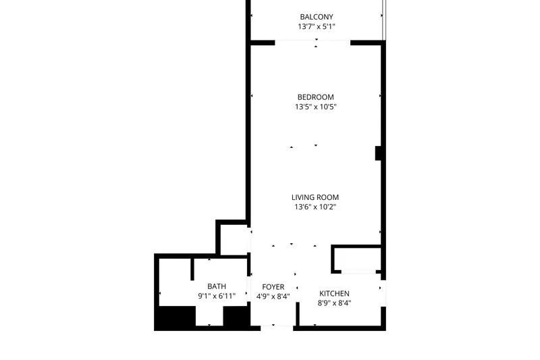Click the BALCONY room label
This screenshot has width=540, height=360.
317,17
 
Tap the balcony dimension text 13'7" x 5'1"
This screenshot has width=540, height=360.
317,26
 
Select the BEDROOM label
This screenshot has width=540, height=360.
315,97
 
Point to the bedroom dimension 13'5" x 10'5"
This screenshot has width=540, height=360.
315,107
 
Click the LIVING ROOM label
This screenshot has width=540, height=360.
315,197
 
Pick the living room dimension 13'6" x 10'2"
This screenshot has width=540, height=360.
315,207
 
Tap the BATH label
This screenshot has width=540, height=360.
217,286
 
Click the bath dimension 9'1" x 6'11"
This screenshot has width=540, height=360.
217,296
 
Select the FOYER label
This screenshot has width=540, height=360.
273,287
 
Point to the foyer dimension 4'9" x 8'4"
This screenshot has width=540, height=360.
273,297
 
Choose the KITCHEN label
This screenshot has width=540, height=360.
334,294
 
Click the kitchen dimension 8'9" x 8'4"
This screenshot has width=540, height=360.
334,303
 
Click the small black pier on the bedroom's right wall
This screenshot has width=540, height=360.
378,153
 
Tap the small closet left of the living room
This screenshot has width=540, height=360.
234,240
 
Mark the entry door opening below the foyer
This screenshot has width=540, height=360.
277,328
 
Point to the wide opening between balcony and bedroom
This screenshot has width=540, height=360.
313,43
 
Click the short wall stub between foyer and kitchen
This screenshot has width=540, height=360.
298,314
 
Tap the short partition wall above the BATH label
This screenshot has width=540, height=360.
192,269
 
